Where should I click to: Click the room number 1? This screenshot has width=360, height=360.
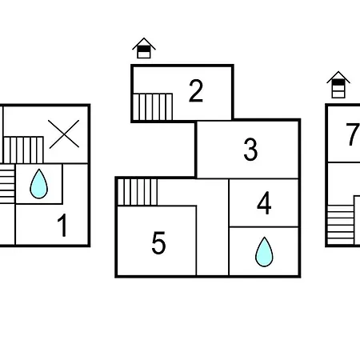pyautogui.click(x=63, y=226)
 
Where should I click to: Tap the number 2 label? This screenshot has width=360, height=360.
pyautogui.click(x=196, y=90)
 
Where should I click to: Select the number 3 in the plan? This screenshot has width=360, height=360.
pyautogui.click(x=250, y=150)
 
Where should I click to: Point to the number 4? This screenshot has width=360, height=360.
pyautogui.click(x=264, y=203)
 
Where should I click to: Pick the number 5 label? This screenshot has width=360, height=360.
pyautogui.click(x=158, y=242)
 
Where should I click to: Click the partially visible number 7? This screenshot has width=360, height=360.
pyautogui.click(x=353, y=134)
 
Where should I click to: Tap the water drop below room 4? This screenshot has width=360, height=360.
pyautogui.click(x=264, y=252)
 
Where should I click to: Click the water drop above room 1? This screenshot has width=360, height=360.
pyautogui.click(x=39, y=184)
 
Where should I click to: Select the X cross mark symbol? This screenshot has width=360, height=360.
pyautogui.click(x=64, y=134)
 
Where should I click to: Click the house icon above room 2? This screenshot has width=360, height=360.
pyautogui.click(x=144, y=48)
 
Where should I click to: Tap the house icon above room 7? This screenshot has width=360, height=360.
pyautogui.click(x=338, y=85)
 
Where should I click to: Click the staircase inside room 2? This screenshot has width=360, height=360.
pyautogui.click(x=153, y=106)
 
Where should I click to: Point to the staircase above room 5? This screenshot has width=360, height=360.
pyautogui.click(x=138, y=192)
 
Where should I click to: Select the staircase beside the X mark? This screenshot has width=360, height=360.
pyautogui.click(x=23, y=150)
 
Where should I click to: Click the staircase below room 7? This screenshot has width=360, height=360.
pyautogui.click(x=341, y=225)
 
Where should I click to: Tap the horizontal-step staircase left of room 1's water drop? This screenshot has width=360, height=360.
pyautogui.click(x=7, y=184)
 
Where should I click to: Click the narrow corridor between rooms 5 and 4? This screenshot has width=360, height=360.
pyautogui.click(x=213, y=227)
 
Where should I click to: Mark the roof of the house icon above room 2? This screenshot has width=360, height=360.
pyautogui.click(x=144, y=43)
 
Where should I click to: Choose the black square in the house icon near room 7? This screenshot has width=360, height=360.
pyautogui.click(x=338, y=82)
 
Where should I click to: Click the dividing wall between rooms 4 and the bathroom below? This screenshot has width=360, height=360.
pyautogui.click(x=264, y=227)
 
